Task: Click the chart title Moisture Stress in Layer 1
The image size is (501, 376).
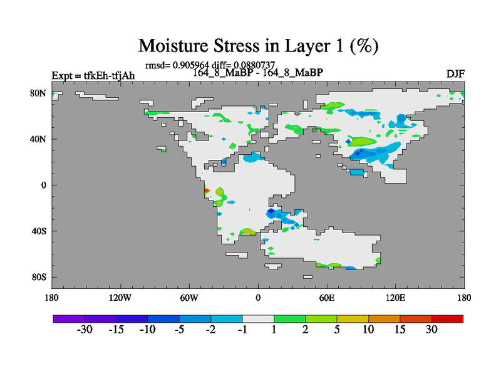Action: [258, 46]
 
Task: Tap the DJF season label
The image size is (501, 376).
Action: [455, 74]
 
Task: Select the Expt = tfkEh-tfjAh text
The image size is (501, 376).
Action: [93, 76]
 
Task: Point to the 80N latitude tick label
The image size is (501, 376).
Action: [38, 93]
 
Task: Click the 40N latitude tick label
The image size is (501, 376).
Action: [38, 139]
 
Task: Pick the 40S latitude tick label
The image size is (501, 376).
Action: [39, 231]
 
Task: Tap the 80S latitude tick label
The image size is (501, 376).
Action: [39, 277]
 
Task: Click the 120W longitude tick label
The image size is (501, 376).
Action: [120, 298]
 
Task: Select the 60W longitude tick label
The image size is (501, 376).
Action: [189, 298]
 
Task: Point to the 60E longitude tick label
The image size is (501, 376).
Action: [327, 298]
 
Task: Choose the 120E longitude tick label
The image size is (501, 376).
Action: [396, 298]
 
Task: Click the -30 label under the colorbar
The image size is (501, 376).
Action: [85, 330]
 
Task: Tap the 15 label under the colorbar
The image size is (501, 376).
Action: [400, 330]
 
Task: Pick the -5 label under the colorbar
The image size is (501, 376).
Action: [180, 330]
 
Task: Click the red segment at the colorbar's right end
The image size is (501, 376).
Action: [447, 319]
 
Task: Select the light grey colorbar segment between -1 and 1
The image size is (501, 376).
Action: [258, 319]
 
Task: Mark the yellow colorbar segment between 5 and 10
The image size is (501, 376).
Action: [353, 319]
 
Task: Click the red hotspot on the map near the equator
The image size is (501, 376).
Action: [206, 191]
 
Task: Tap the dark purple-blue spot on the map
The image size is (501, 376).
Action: [271, 211]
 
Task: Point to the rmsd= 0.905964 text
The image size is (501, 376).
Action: [177, 65]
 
